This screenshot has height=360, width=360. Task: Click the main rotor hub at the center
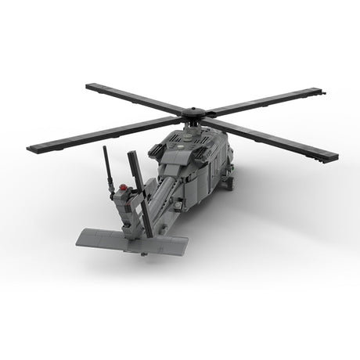(x=191, y=115)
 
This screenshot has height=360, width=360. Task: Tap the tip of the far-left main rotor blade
(x=31, y=148)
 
